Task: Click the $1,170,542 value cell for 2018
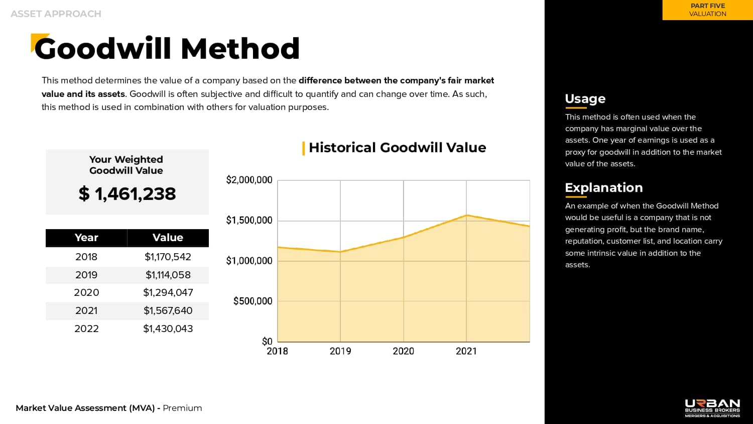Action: coord(168,257)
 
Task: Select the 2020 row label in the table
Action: coord(86,292)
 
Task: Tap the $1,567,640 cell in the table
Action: coord(168,310)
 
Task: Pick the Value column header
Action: coord(168,238)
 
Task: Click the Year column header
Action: coord(86,238)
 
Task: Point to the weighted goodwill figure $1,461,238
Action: coord(127,194)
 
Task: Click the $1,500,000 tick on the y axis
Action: coord(249,221)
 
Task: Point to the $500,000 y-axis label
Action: coord(253,301)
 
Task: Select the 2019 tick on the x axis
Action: coord(340,351)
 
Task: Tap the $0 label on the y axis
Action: coord(267,342)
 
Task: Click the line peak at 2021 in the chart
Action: coord(466,215)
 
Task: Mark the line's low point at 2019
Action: coord(340,252)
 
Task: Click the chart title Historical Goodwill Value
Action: coord(398,148)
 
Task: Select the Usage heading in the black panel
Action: coord(585,98)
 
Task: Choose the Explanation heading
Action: coord(604,188)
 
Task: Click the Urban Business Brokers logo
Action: coord(712,408)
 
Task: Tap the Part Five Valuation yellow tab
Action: coord(708,10)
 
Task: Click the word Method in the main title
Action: coord(240,49)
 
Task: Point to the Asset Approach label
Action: coord(56,14)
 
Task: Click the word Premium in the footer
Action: coord(182,408)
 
